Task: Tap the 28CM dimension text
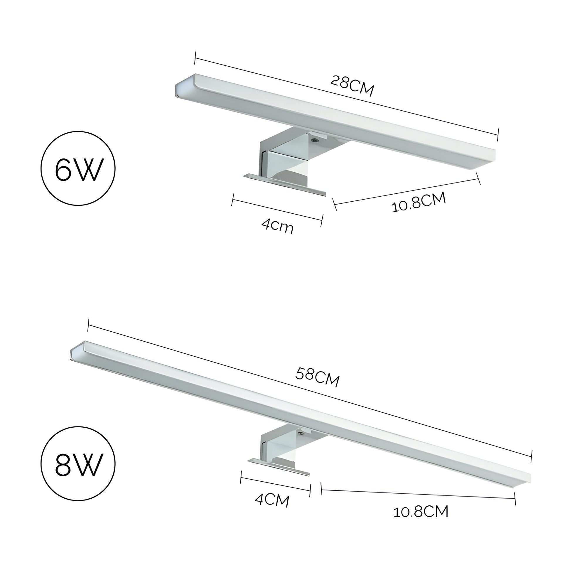[x=352, y=86]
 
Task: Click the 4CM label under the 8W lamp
[x=272, y=500]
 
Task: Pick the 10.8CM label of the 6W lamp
[x=419, y=202]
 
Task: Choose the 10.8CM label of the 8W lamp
[x=421, y=512]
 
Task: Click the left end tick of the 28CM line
[x=195, y=58]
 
